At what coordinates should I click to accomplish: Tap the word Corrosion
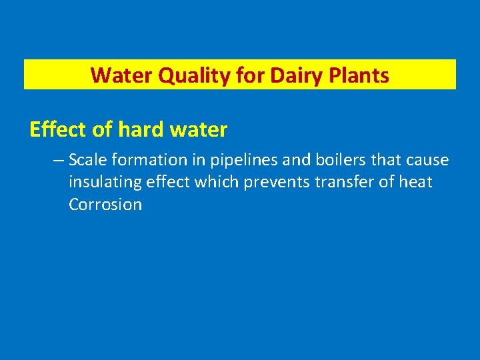click(105, 205)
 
